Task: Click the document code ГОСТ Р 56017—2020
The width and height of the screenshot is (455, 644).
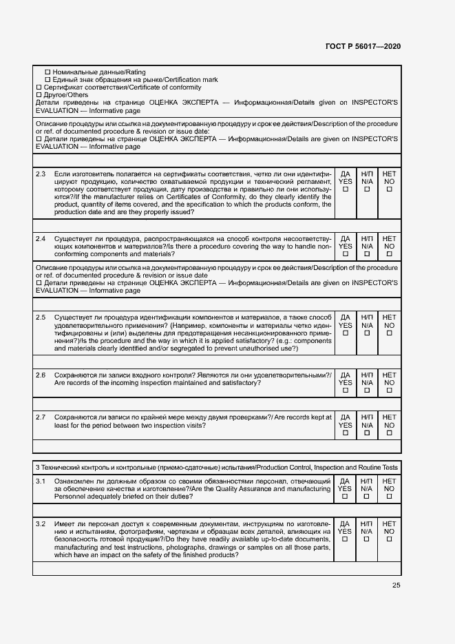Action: click(x=362, y=46)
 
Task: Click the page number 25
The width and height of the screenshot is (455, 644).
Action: click(x=396, y=585)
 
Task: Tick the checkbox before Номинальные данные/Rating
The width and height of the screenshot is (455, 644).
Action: click(x=47, y=72)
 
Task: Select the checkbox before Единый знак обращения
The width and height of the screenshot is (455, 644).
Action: click(x=47, y=80)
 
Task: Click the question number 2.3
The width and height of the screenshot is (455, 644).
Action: click(x=41, y=174)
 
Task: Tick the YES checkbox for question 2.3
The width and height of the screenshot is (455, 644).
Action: click(x=346, y=189)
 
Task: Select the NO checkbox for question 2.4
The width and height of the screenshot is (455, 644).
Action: click(x=389, y=254)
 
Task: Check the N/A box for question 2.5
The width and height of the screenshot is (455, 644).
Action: click(x=367, y=333)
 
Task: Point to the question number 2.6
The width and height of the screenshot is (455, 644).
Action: click(x=41, y=375)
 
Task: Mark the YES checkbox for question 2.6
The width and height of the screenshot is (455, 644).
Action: click(x=346, y=391)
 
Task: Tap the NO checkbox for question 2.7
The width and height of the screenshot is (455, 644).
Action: click(x=389, y=433)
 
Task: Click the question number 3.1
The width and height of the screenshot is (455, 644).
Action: click(x=41, y=481)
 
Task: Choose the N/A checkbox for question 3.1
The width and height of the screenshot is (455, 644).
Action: click(x=367, y=497)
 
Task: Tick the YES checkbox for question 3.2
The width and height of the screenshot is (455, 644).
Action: click(x=346, y=539)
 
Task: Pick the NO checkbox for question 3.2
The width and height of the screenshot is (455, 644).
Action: click(x=389, y=539)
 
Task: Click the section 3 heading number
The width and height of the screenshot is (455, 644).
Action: click(x=37, y=468)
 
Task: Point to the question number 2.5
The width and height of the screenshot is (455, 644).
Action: click(x=41, y=317)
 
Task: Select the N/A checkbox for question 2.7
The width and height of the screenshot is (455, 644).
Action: click(x=367, y=433)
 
